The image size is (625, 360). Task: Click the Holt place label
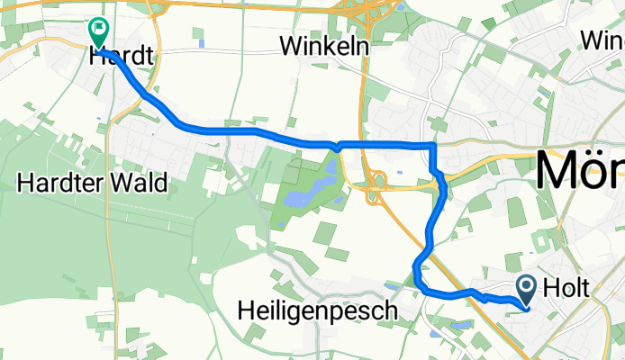point(567,288)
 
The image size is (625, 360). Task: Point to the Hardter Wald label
point(93,184)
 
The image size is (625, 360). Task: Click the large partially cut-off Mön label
point(581,170)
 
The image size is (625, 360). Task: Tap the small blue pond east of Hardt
point(202,43)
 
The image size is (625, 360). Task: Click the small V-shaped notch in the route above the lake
point(337,147)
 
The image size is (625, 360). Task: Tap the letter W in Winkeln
point(291,45)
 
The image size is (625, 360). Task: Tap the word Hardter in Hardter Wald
point(61,184)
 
